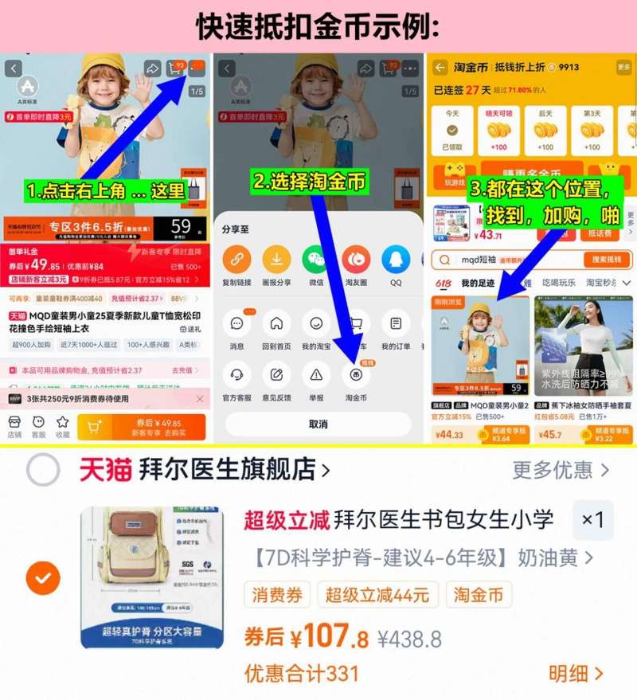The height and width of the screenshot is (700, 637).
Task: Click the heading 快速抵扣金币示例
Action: [x=318, y=26]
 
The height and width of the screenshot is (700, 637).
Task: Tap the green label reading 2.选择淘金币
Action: [x=310, y=182]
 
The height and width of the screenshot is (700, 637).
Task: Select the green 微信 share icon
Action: [x=315, y=260]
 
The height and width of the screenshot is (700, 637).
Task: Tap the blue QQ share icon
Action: [x=396, y=260]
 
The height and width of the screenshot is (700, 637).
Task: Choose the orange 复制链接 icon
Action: [x=236, y=260]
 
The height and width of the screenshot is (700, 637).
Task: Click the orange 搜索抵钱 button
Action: [x=607, y=260]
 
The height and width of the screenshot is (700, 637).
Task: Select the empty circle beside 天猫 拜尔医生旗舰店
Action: [x=43, y=470]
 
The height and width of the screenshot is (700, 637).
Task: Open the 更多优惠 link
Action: [x=561, y=470]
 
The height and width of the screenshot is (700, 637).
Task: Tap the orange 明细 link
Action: [x=576, y=674]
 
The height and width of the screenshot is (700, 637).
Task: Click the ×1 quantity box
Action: [x=592, y=520]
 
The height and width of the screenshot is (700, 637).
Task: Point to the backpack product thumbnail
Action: [x=152, y=577]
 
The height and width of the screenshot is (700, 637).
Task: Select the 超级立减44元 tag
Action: [x=377, y=595]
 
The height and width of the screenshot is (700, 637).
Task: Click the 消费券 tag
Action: [x=276, y=595]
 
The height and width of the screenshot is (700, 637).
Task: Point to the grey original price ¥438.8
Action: [x=409, y=639]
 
